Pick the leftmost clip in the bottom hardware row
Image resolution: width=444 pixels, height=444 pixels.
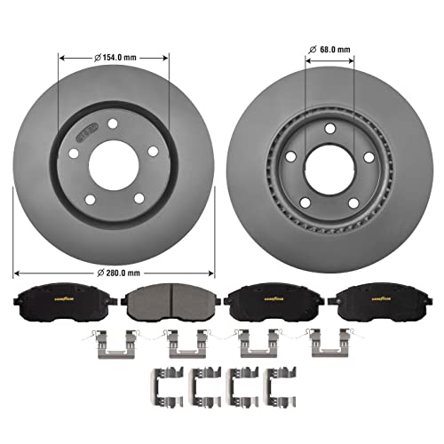click(162, 381)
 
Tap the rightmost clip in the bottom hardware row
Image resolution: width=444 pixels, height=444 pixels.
click(281, 381)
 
